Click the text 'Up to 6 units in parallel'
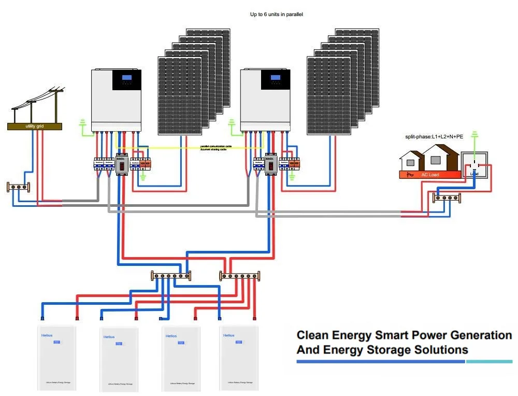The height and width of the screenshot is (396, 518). coord(276,15)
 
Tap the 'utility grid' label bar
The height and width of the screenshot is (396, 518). coord(34,126)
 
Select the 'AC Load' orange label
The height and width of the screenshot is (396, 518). coord(430,175)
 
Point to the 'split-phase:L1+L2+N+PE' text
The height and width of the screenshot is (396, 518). coord(434,136)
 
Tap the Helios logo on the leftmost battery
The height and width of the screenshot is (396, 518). coord(47,336)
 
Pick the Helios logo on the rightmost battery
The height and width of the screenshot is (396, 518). coord(228,335)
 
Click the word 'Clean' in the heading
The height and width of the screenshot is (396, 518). coord(312,335)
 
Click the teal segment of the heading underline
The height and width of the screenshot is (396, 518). coord(489,361)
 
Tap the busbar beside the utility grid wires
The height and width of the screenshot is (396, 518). coord(18,186)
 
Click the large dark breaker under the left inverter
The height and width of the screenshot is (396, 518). coord(121,164)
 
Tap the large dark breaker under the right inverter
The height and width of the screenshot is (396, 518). coord(270,164)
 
